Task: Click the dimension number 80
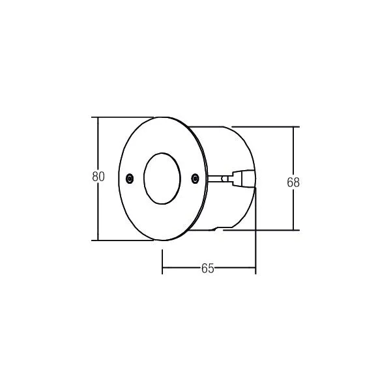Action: click(x=98, y=177)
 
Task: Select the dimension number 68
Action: click(x=293, y=182)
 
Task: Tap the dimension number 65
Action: click(x=207, y=268)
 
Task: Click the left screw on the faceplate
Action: click(x=130, y=178)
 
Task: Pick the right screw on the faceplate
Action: click(x=195, y=178)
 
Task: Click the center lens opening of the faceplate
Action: click(x=162, y=179)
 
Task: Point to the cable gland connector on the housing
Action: click(x=243, y=178)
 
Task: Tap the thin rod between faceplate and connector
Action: click(x=220, y=179)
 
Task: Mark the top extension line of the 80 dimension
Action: click(x=123, y=117)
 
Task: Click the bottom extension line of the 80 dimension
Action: click(x=123, y=240)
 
